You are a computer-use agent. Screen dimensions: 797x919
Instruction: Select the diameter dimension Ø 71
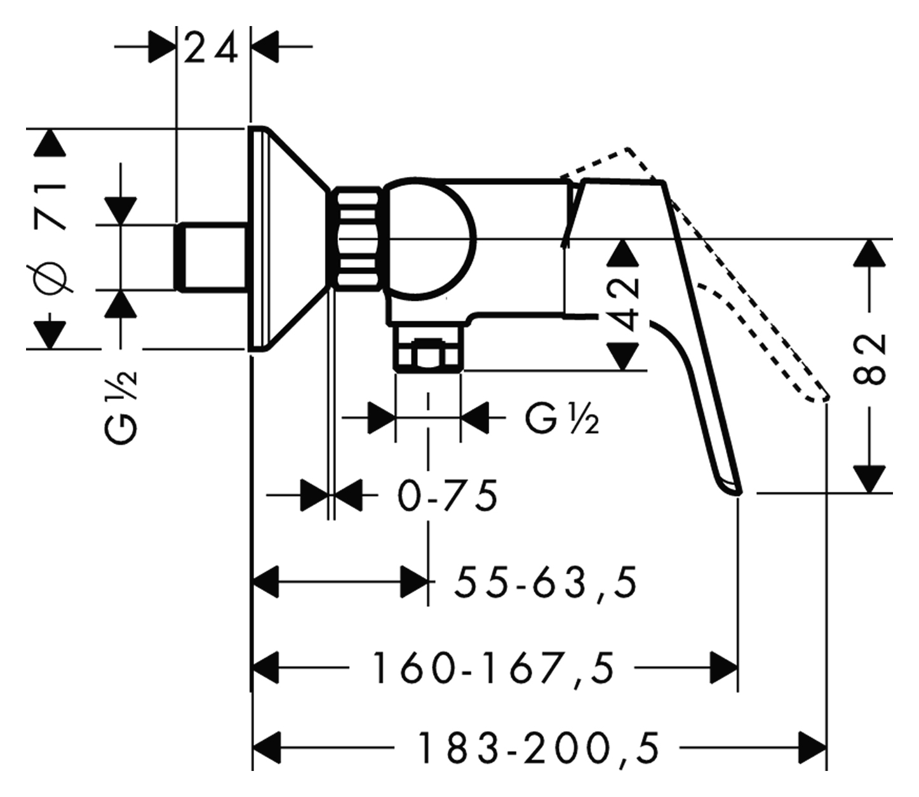pos(51,238)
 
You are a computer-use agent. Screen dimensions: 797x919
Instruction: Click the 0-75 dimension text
pos(448,496)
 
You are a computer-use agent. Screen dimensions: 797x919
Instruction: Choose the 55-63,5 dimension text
pos(545,582)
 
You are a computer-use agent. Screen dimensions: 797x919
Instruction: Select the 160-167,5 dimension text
pos(493,669)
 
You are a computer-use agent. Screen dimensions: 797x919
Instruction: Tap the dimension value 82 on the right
pos(869,359)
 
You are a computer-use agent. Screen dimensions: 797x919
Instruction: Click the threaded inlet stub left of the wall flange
pos(211,257)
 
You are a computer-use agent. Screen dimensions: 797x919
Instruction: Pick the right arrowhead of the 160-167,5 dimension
pos(724,667)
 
